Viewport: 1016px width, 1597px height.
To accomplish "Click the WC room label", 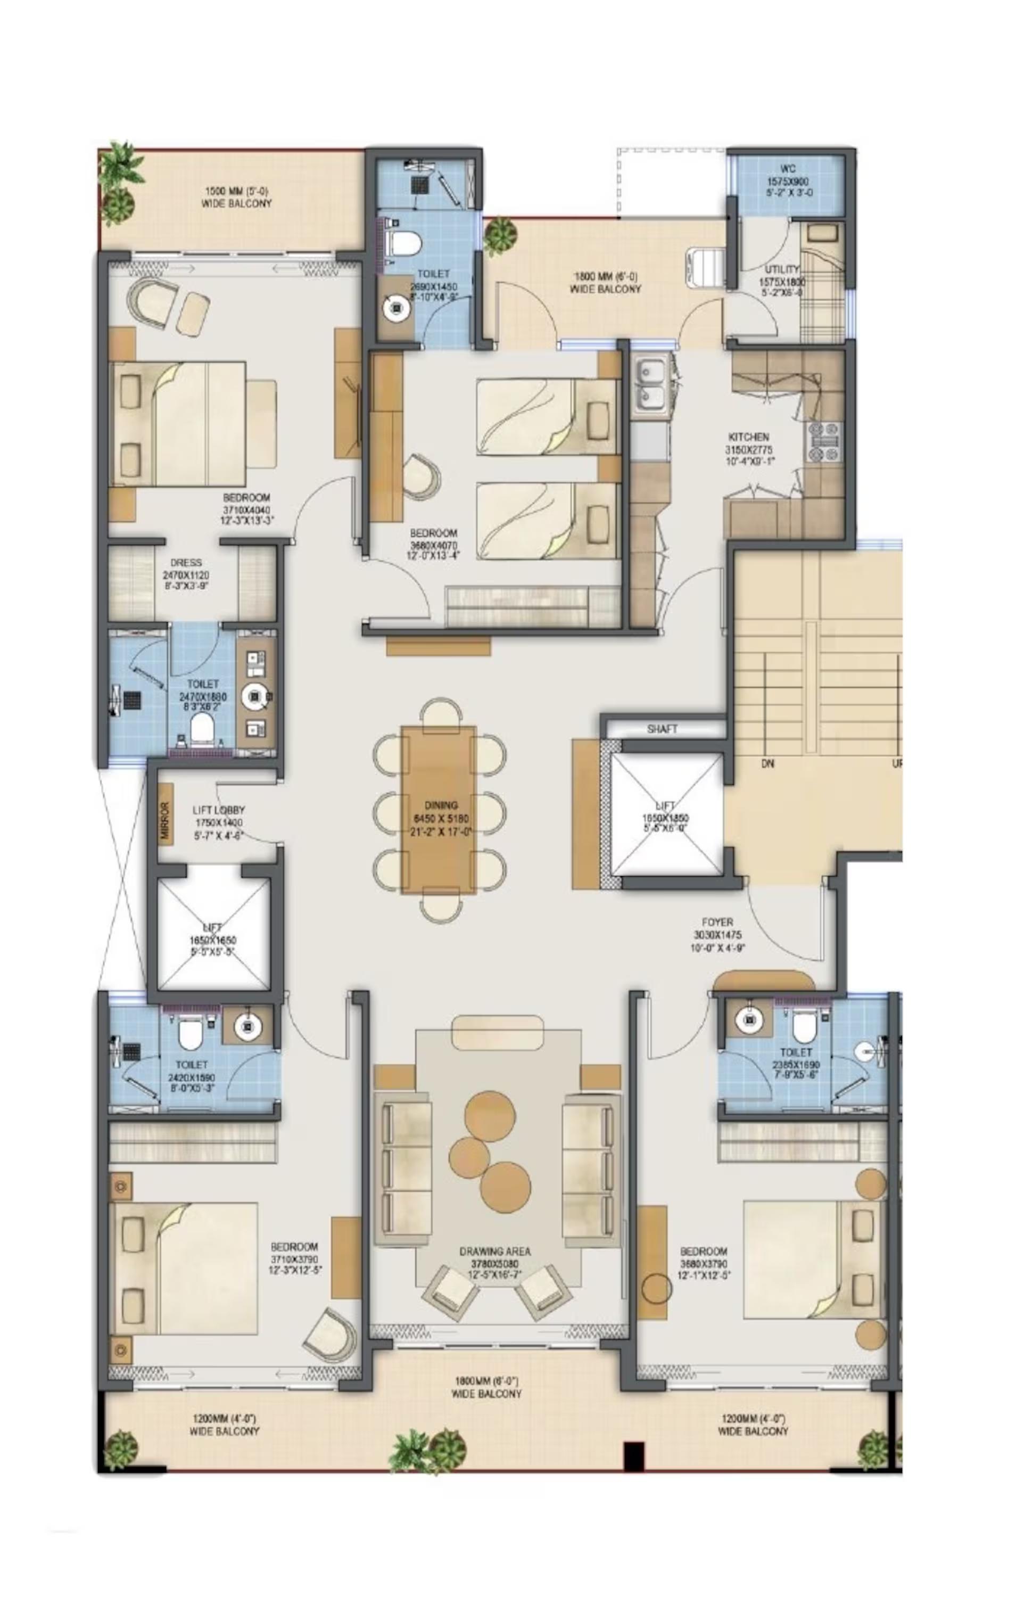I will pos(788,169).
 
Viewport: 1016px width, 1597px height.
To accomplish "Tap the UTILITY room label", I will pos(782,270).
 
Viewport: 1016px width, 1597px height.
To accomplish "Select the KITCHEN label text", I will pos(749,437).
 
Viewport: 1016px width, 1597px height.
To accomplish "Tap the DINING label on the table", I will pos(440,805).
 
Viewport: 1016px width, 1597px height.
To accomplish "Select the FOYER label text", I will pos(717,922).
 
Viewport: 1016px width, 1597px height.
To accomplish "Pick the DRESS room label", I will pos(186,562).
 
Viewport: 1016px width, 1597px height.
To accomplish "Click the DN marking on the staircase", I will pos(767,764).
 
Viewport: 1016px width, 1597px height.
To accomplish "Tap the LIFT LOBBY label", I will pos(218,810).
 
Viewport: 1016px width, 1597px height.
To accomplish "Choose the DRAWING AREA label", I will pos(495,1252).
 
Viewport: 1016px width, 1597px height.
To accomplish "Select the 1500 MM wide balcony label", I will pos(236,192).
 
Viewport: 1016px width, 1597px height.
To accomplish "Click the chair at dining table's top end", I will pos(442,713).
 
